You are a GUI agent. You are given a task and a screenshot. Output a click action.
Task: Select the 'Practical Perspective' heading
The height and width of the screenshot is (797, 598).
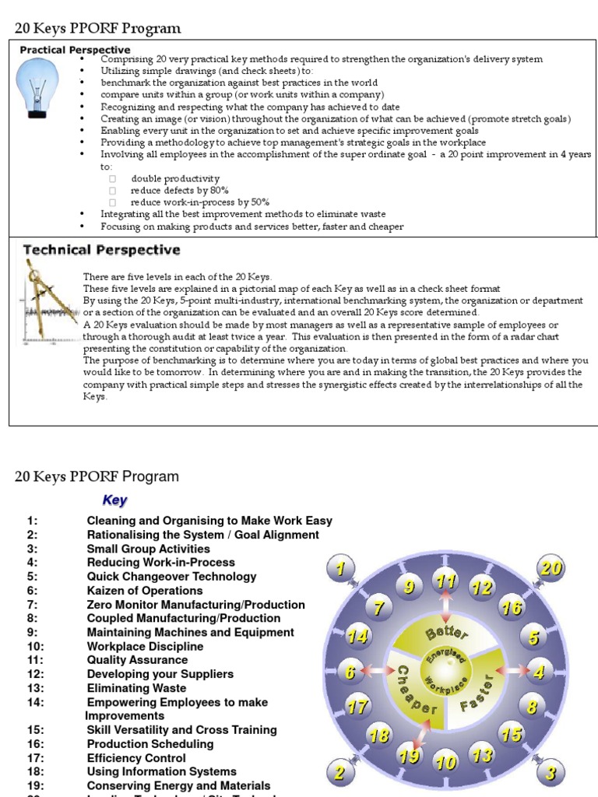pyautogui.click(x=75, y=50)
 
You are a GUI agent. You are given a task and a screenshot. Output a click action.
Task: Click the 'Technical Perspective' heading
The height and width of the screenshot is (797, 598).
pyautogui.click(x=101, y=250)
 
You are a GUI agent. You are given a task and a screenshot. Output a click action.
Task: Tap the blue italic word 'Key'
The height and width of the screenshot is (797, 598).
pyautogui.click(x=114, y=500)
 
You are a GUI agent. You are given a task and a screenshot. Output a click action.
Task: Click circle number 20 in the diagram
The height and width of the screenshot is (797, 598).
pyautogui.click(x=551, y=569)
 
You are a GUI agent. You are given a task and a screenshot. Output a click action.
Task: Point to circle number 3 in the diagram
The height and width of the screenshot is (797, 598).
pyautogui.click(x=551, y=772)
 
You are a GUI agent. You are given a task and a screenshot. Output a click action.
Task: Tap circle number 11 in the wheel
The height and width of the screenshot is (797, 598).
pyautogui.click(x=445, y=581)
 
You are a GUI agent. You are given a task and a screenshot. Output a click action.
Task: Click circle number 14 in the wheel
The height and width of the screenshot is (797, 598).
pyautogui.click(x=357, y=636)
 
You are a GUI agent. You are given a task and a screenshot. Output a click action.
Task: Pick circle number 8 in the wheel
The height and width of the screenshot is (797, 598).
pyautogui.click(x=532, y=707)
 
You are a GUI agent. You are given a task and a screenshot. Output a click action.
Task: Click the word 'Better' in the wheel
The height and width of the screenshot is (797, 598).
pyautogui.click(x=445, y=633)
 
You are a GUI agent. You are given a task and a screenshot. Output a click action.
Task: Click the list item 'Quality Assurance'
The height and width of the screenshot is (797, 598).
pyautogui.click(x=137, y=660)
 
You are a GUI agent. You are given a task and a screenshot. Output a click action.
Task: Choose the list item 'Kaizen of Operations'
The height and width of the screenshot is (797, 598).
pyautogui.click(x=145, y=591)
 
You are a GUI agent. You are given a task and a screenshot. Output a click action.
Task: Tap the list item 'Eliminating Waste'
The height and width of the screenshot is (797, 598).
pyautogui.click(x=136, y=688)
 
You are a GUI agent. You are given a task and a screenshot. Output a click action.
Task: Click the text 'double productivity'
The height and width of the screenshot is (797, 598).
pyautogui.click(x=175, y=178)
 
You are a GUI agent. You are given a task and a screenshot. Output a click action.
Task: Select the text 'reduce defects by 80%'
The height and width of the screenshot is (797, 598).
pyautogui.click(x=174, y=190)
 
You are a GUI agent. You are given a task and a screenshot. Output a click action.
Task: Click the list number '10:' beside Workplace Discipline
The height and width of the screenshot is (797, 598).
pyautogui.click(x=37, y=646)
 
